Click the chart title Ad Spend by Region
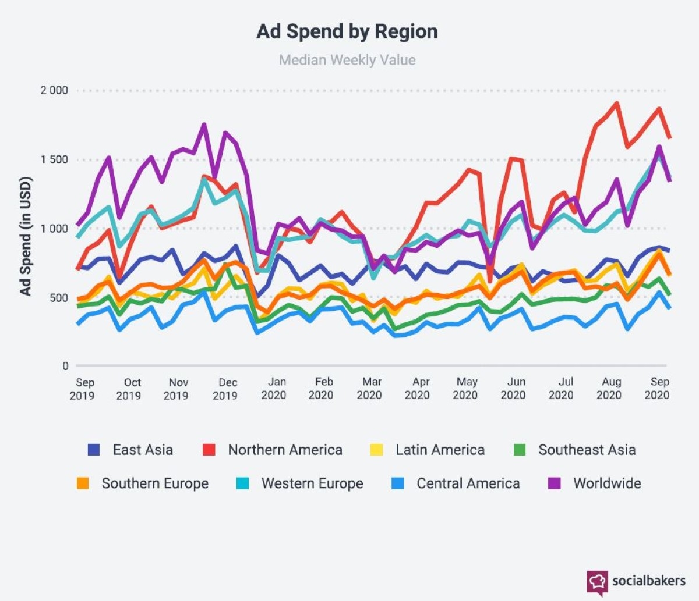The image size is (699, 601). point(347,31)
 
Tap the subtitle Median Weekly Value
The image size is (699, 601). point(347,60)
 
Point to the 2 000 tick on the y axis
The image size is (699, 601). point(54,90)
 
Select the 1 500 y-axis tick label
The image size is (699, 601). point(54,159)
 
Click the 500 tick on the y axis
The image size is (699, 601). point(59,298)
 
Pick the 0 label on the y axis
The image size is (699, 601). point(65,366)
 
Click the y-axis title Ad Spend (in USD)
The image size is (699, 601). point(26,236)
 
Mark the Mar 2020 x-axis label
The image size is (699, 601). point(370,389)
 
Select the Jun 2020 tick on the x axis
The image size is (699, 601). point(514,389)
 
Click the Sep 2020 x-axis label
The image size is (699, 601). point(658,389)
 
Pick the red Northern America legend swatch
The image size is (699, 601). point(209,450)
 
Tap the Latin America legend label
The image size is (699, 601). point(440,450)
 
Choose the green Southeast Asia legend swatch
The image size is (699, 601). point(520,450)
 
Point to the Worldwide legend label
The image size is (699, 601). point(607,483)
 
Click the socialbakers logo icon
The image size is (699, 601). point(597,582)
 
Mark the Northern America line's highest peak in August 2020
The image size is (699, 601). point(616,104)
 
